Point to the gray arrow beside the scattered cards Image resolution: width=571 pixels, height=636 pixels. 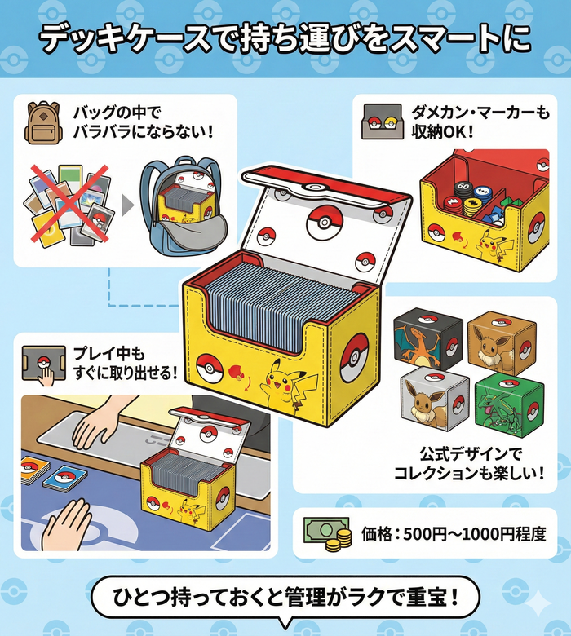[128, 205]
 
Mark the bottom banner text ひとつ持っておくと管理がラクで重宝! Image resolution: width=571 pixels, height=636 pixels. [285, 598]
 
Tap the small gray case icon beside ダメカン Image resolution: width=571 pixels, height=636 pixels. [379, 122]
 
